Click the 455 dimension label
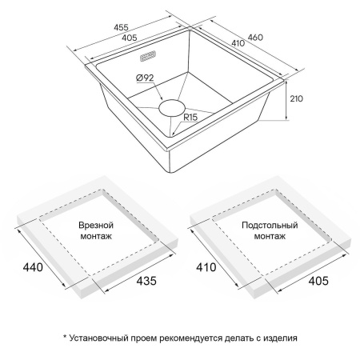[121, 27]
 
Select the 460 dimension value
[255, 38]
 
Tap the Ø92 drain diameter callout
[145, 78]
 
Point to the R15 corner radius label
[190, 117]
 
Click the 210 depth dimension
[296, 98]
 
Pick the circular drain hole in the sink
[172, 108]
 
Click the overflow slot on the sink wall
[148, 56]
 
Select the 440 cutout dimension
[33, 267]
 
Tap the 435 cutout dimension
[146, 281]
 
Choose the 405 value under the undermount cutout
[318, 281]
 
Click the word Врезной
[96, 225]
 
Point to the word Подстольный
[270, 226]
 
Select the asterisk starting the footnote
[65, 337]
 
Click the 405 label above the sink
[130, 38]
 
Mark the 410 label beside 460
[238, 43]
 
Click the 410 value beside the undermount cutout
[206, 267]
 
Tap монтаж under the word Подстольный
[270, 236]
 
